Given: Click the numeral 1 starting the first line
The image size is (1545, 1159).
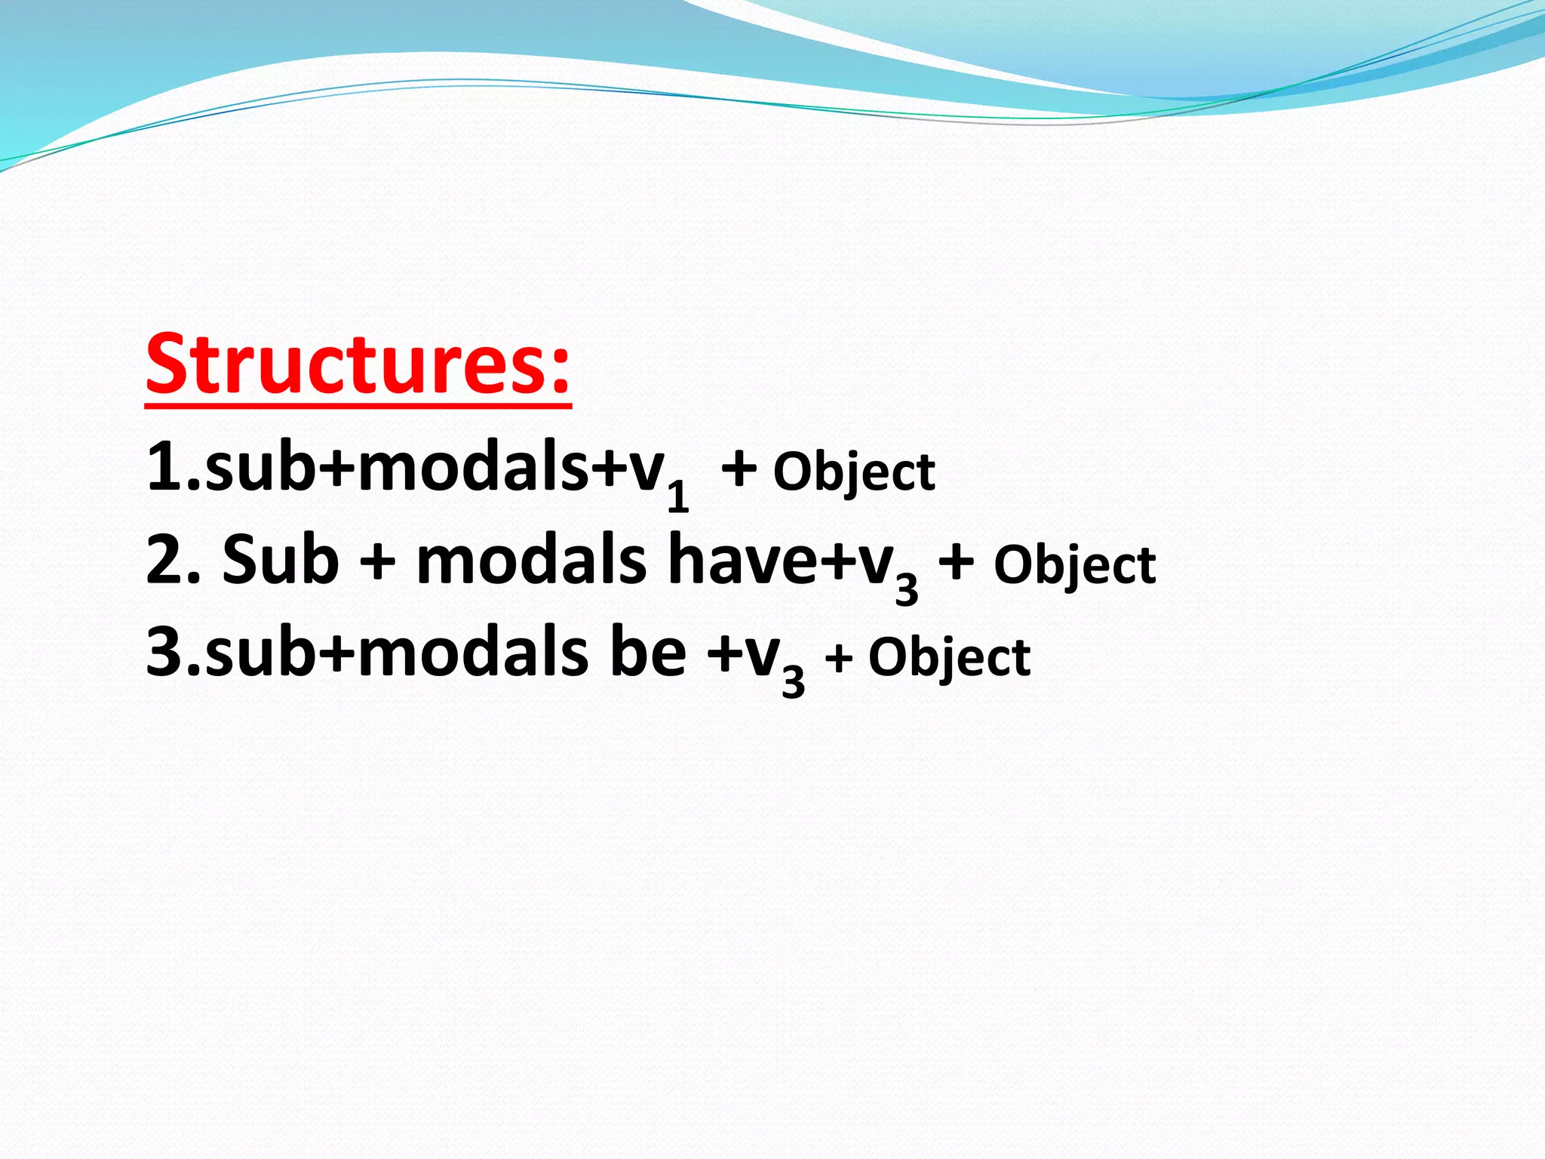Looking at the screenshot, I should [x=164, y=468].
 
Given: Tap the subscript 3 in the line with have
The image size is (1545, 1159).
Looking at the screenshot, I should [x=907, y=588].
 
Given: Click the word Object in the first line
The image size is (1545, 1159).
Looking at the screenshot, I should [x=854, y=474].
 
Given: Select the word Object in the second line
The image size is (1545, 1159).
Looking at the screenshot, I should [x=1074, y=566].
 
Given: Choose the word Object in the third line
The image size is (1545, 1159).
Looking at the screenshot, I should [x=949, y=659].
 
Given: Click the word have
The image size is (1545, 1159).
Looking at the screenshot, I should [x=743, y=560].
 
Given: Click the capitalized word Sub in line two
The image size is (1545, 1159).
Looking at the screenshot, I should [x=281, y=560].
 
